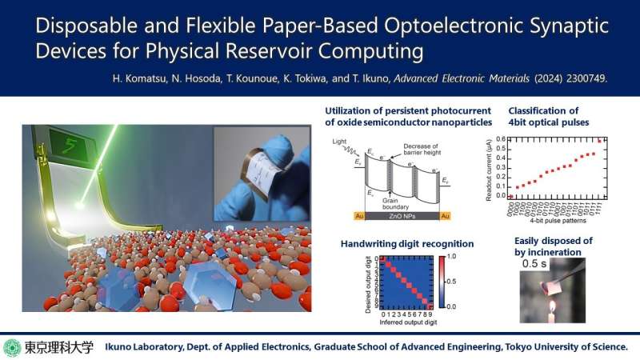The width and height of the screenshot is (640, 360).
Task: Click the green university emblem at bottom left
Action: [12, 347]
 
